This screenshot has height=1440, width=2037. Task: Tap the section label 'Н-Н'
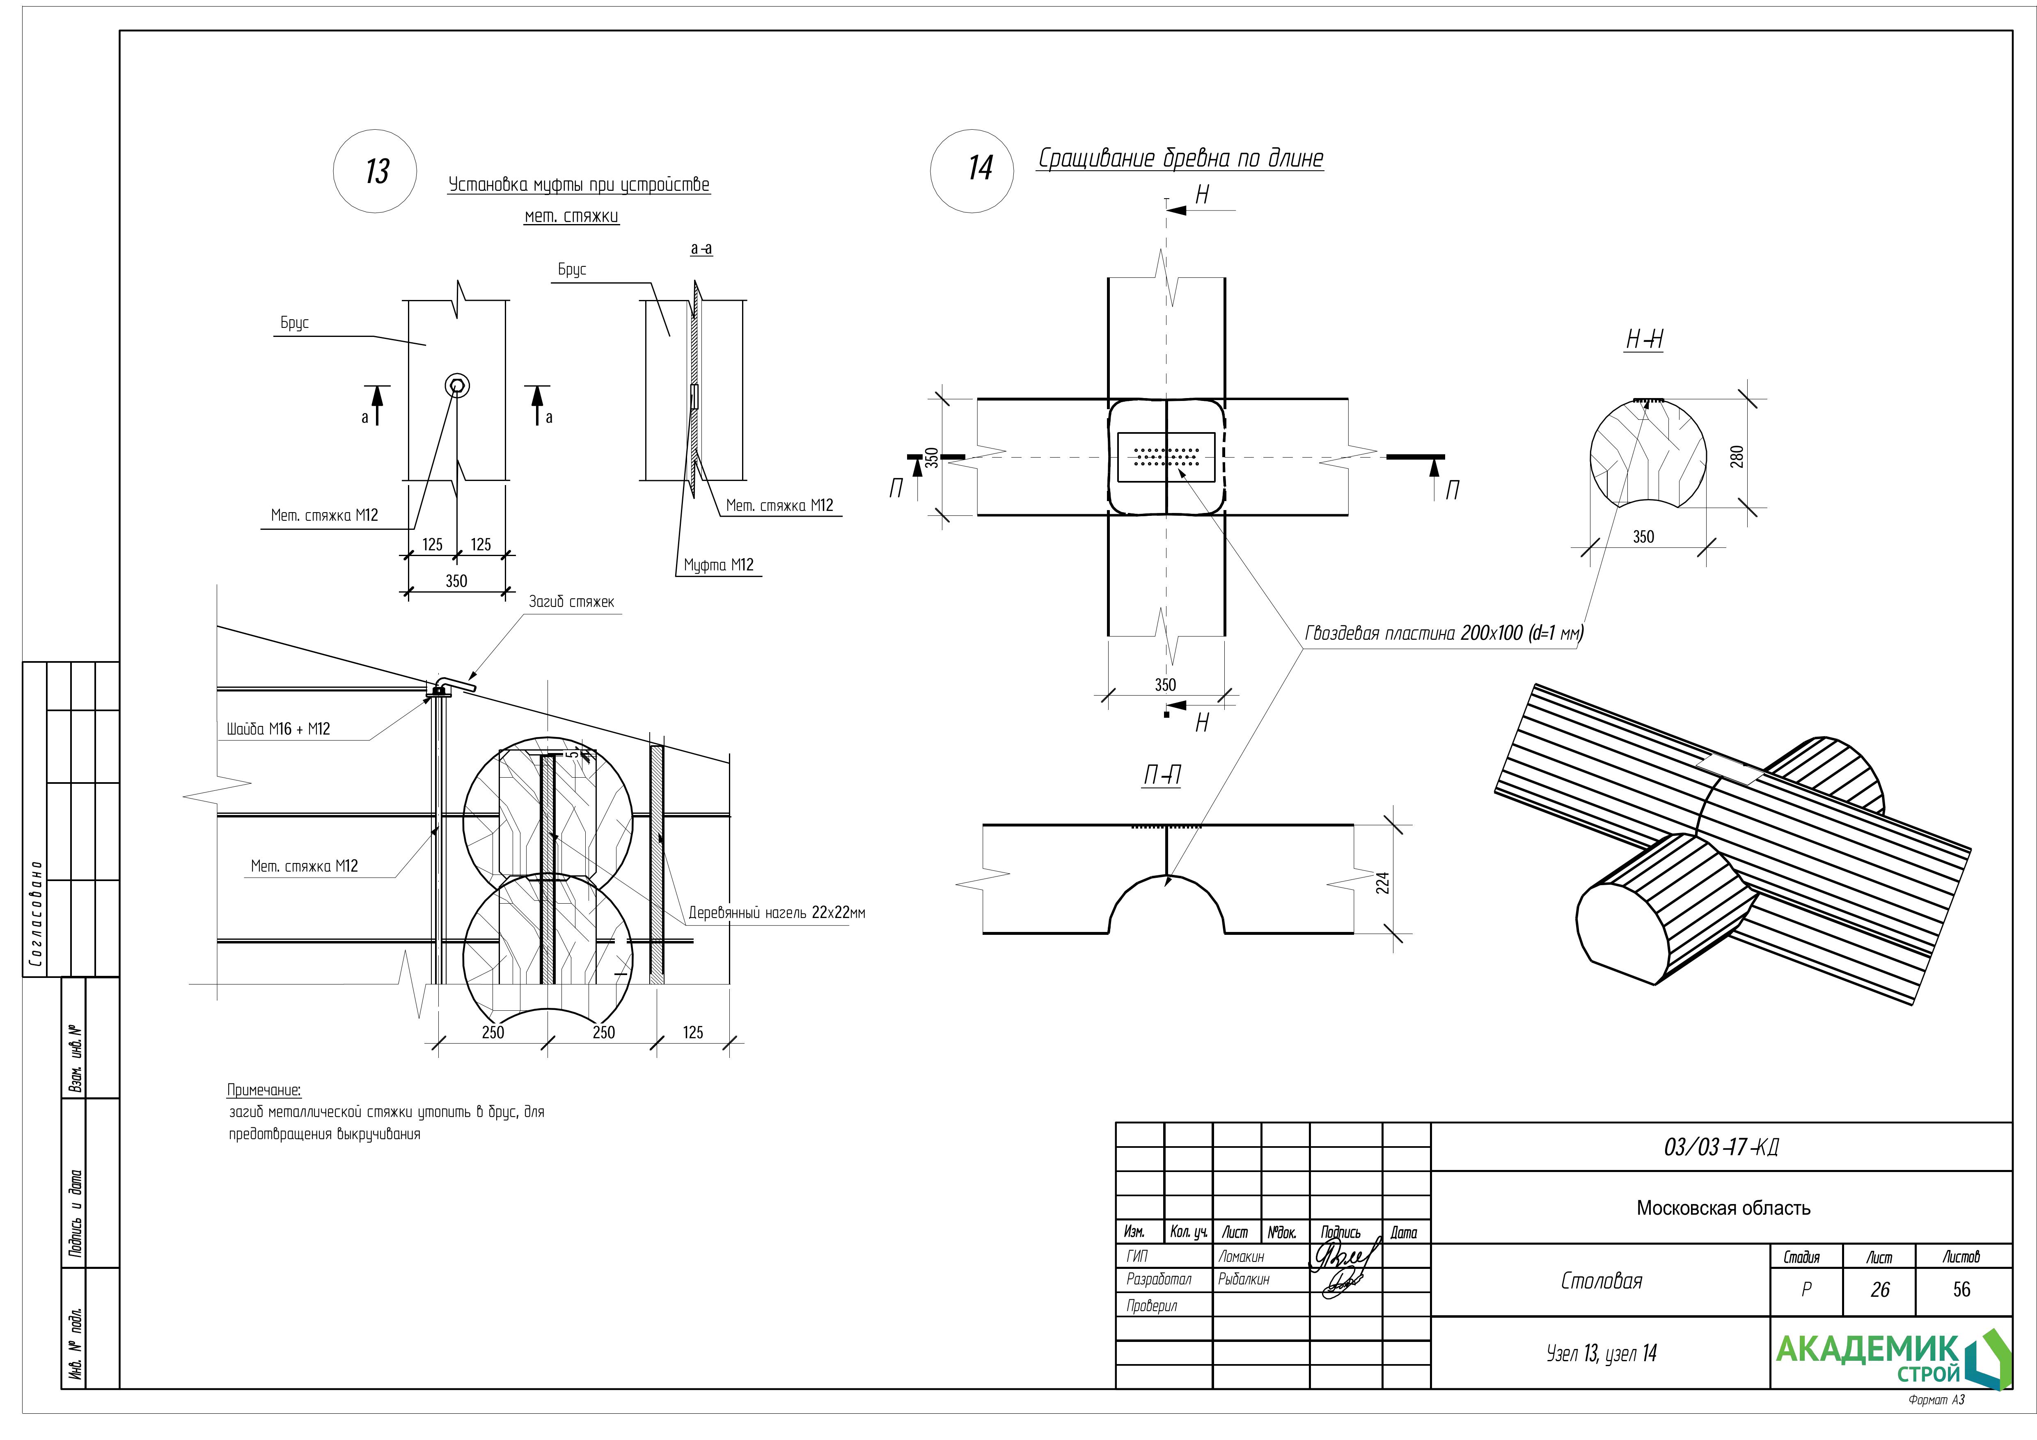point(1643,340)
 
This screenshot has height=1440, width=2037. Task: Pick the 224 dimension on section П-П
point(1382,883)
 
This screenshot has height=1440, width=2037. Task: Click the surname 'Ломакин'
point(1241,1256)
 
